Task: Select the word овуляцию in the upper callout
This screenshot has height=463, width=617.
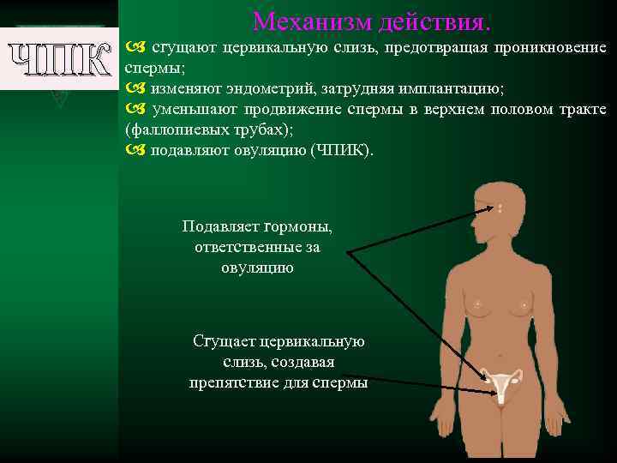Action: (x=257, y=268)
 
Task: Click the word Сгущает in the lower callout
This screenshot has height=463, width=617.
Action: (x=224, y=341)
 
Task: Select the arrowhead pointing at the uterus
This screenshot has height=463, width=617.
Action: (x=496, y=396)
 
